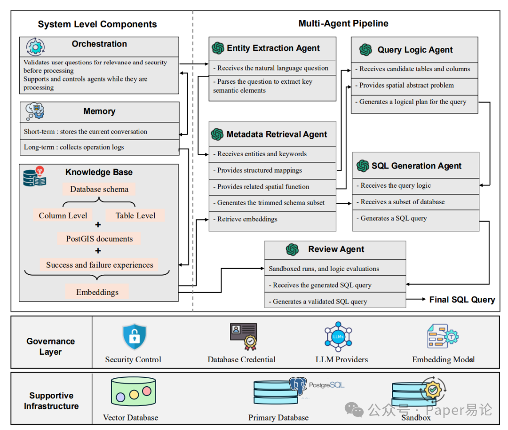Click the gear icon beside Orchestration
pos(35,47)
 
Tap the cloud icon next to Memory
pos(35,111)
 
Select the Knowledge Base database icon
pos(35,176)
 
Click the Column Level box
pos(63,215)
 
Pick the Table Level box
pos(135,215)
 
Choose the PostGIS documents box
pos(99,239)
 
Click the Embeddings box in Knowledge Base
pos(97,292)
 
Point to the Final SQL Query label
pos(462,299)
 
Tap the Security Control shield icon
pos(135,337)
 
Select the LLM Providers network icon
pos(338,337)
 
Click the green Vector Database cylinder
pos(134,391)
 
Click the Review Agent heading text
pos(336,249)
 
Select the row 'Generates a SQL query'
pos(416,218)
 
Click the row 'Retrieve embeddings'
pos(272,219)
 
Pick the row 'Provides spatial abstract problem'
pos(414,86)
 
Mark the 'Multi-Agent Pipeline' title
pos(343,24)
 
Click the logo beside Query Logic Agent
pos(365,50)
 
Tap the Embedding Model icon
pos(443,336)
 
